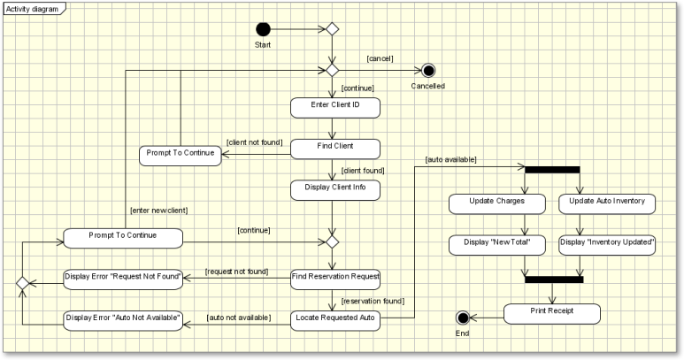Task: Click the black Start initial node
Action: (x=263, y=29)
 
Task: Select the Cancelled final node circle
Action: (x=428, y=71)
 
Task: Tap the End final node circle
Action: (x=462, y=318)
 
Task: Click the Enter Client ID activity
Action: (x=335, y=107)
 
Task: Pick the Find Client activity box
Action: (x=335, y=148)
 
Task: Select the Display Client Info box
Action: (x=335, y=189)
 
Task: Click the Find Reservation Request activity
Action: (x=335, y=278)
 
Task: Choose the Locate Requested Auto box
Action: (x=335, y=319)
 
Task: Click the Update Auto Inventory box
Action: (x=608, y=203)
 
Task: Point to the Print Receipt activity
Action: (x=552, y=313)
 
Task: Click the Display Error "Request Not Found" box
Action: (x=123, y=278)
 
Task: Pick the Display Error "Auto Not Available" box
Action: (x=123, y=319)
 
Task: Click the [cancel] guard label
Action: (x=380, y=59)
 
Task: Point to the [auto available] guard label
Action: (x=451, y=160)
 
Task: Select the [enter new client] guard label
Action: (x=158, y=210)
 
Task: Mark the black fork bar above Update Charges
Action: (x=552, y=169)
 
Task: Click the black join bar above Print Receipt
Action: (x=554, y=280)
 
